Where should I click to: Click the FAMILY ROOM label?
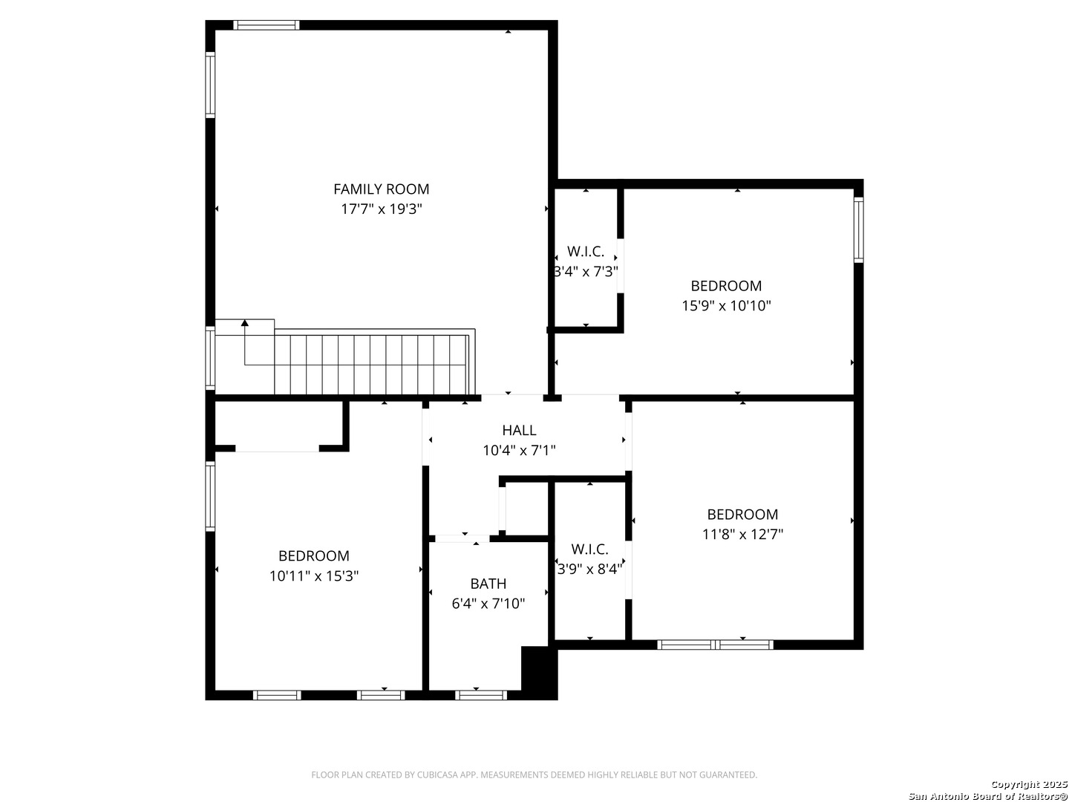pos(381,189)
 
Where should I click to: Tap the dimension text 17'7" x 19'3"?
pos(381,209)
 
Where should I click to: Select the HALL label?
pos(519,430)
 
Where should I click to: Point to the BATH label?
pos(488,583)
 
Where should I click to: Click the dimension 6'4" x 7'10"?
pos(488,603)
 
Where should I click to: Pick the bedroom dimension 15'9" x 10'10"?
pos(725,305)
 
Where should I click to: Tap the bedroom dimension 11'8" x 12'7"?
pos(742,534)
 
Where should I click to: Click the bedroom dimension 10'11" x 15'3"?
pos(313,576)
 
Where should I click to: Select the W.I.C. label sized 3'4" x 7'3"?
pos(586,251)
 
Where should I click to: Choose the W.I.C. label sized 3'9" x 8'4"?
pos(589,549)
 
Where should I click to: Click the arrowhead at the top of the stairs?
pos(244,322)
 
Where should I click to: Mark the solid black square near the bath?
pos(539,673)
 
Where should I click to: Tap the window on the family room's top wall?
pos(266,25)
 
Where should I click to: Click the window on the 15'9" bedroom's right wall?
pos(858,229)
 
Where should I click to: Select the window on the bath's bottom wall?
pos(481,695)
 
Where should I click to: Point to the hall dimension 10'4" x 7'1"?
pos(519,451)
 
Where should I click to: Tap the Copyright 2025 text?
pos(1027,784)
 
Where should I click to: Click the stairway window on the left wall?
pos(210,358)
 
